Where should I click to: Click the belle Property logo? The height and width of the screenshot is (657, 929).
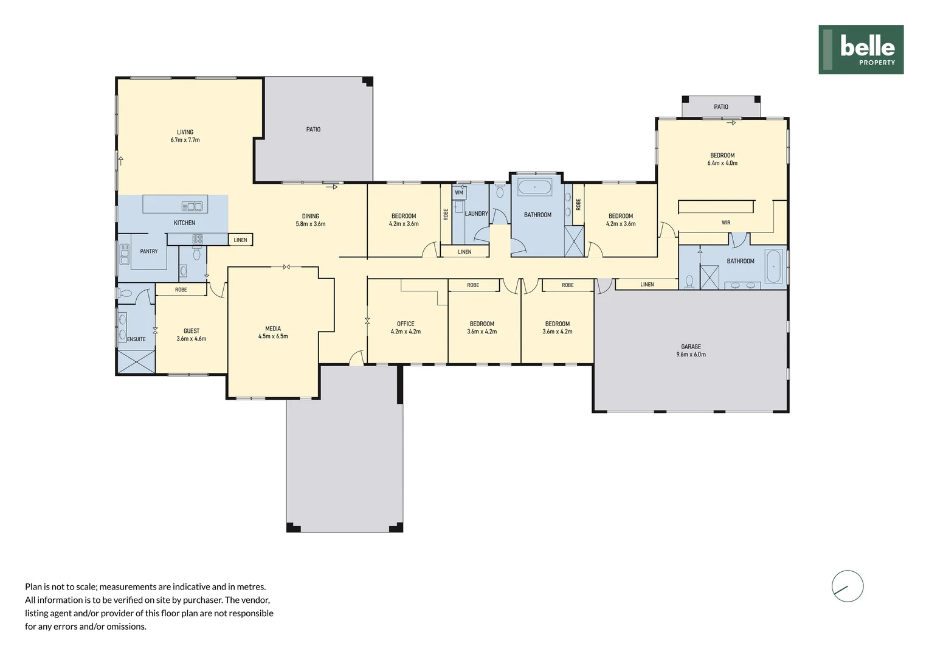pyautogui.click(x=860, y=49)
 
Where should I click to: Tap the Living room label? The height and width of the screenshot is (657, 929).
pyautogui.click(x=185, y=133)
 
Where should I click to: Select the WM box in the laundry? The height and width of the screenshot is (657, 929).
pyautogui.click(x=459, y=193)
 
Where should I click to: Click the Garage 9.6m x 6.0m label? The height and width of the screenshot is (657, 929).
pyautogui.click(x=691, y=350)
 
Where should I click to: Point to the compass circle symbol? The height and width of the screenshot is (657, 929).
pyautogui.click(x=847, y=586)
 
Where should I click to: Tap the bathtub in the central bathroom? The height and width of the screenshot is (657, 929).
pyautogui.click(x=534, y=187)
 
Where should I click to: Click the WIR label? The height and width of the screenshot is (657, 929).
pyautogui.click(x=725, y=223)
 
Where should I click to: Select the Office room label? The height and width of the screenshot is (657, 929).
pyautogui.click(x=405, y=324)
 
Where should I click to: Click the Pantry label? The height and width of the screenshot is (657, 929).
pyautogui.click(x=149, y=251)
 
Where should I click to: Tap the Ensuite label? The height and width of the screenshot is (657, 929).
pyautogui.click(x=136, y=339)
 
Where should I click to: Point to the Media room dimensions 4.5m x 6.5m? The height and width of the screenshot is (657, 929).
pyautogui.click(x=273, y=336)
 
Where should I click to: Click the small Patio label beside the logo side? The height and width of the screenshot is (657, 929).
pyautogui.click(x=720, y=107)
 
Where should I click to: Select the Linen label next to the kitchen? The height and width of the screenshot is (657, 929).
pyautogui.click(x=240, y=240)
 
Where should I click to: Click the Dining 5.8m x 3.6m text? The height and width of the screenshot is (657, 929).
pyautogui.click(x=310, y=220)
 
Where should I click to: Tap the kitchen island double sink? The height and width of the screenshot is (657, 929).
pyautogui.click(x=192, y=206)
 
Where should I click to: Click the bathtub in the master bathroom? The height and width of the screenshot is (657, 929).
pyautogui.click(x=773, y=266)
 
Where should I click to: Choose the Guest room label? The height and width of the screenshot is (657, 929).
pyautogui.click(x=191, y=332)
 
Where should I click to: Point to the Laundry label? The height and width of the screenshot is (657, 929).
pyautogui.click(x=476, y=214)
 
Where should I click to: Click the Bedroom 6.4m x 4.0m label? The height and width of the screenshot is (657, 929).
pyautogui.click(x=722, y=159)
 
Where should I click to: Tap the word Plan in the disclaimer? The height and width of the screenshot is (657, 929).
pyautogui.click(x=33, y=587)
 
